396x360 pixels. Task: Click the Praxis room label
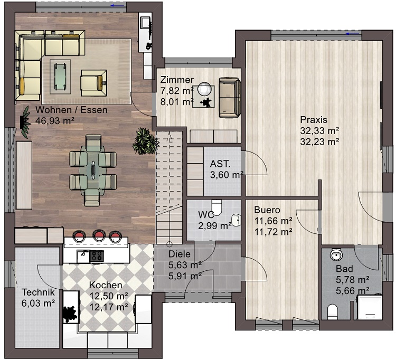[314, 120]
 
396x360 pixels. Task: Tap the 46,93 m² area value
[55, 121]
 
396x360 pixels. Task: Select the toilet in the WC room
[216, 207]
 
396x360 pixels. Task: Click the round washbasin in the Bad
[336, 254]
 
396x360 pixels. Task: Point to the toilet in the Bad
[332, 312]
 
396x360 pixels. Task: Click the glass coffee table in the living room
[60, 77]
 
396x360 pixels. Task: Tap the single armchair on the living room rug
[93, 83]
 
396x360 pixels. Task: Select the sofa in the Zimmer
[229, 98]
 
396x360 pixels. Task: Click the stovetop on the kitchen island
[97, 255]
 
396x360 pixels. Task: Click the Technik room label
[38, 292]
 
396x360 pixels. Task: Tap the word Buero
[267, 210]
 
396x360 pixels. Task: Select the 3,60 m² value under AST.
[227, 175]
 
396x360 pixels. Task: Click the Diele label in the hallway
[180, 254]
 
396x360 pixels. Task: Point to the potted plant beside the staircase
[146, 141]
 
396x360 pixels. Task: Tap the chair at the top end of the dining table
[93, 142]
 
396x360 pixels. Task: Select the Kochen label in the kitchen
[106, 285]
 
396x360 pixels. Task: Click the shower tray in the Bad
[370, 307]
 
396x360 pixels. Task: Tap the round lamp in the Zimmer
[204, 89]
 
